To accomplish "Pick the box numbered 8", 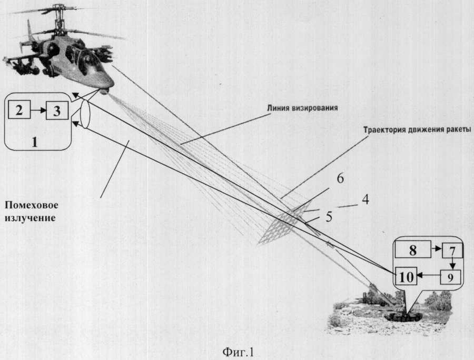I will pos(414,251).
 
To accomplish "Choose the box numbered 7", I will pos(451,251).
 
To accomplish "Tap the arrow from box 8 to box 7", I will pos(437,251).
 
